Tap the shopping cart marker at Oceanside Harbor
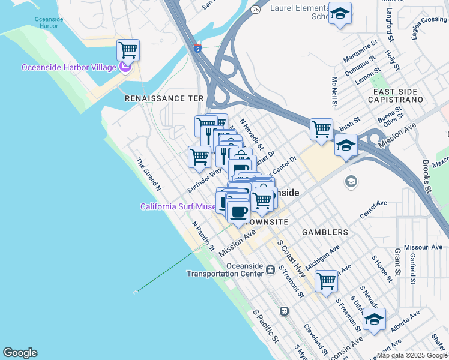(x=128, y=50)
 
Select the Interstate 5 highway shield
(x=197, y=49)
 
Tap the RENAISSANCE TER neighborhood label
(x=164, y=98)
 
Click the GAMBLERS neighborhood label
(x=325, y=232)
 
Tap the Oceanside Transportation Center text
(x=224, y=269)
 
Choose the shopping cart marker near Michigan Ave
(x=326, y=281)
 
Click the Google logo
(x=20, y=353)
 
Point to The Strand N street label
(x=148, y=175)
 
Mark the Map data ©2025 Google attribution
(x=412, y=355)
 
